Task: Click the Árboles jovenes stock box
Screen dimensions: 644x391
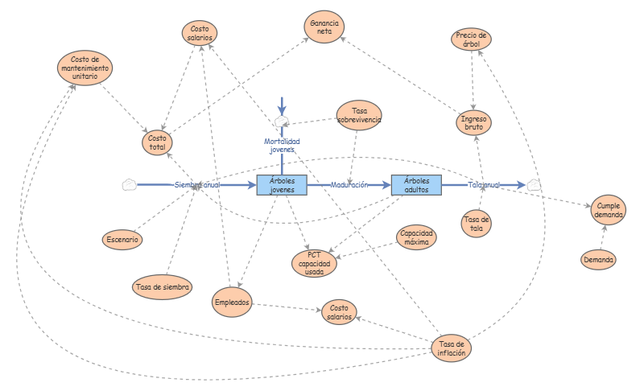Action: [x=282, y=185]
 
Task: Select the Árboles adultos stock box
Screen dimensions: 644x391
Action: [x=416, y=185]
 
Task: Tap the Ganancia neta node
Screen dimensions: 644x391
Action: [x=324, y=27]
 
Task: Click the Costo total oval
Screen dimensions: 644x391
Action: [x=157, y=142]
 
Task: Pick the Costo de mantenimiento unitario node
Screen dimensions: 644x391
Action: [x=85, y=68]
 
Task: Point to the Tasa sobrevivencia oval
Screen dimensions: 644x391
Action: [x=359, y=115]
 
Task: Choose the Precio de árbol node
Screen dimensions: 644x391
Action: [x=471, y=39]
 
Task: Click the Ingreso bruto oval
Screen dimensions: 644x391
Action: [x=473, y=122]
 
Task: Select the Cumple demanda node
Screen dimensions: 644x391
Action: [x=609, y=210]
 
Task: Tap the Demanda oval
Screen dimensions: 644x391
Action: [x=598, y=260]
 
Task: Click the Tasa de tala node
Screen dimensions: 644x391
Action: [x=477, y=224]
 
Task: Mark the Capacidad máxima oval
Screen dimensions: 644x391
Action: [x=416, y=237]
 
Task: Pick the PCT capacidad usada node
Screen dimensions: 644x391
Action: [x=314, y=263]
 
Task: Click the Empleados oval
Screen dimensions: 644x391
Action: [x=232, y=303]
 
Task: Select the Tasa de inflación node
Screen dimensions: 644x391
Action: [x=452, y=348]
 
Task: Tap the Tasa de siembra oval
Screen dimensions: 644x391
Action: [x=163, y=287]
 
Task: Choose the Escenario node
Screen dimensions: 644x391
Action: [x=122, y=240]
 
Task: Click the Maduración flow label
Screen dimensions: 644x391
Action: [x=349, y=185]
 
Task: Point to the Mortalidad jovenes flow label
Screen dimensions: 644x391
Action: [x=282, y=146]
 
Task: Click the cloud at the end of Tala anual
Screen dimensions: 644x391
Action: [x=534, y=185]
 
